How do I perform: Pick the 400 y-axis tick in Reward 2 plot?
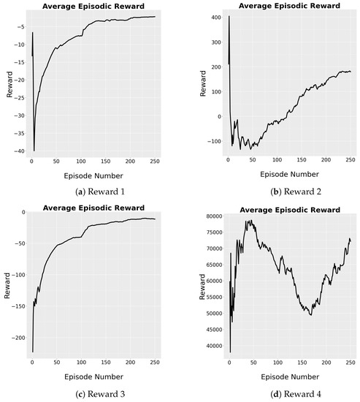204,15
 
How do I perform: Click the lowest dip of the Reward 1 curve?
34,150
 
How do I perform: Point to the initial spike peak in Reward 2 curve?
229,16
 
